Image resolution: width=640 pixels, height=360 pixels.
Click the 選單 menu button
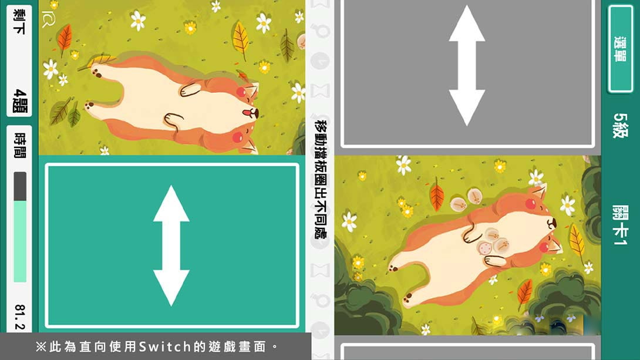point(619,49)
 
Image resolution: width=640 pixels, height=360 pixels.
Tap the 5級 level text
point(621,125)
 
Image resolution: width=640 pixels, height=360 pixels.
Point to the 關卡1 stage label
point(620,225)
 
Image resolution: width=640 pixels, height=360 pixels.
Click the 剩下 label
point(19,22)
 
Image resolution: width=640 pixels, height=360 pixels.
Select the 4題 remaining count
point(20,100)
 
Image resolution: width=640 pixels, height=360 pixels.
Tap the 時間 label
point(20,145)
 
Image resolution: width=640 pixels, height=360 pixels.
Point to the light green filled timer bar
point(20,241)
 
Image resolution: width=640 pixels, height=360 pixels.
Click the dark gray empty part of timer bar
point(20,186)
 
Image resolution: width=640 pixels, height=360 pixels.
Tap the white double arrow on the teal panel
point(171,245)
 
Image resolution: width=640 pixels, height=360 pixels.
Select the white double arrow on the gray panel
point(467,65)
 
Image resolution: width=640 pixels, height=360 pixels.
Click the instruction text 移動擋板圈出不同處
point(321,179)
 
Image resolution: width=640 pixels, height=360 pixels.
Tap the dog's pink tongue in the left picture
point(247,112)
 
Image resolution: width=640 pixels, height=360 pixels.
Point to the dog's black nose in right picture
point(551,223)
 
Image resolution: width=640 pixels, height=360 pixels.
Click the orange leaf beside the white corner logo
point(64,39)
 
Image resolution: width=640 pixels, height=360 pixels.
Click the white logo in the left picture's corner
point(48,19)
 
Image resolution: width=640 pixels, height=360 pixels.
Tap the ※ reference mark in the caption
point(41,346)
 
